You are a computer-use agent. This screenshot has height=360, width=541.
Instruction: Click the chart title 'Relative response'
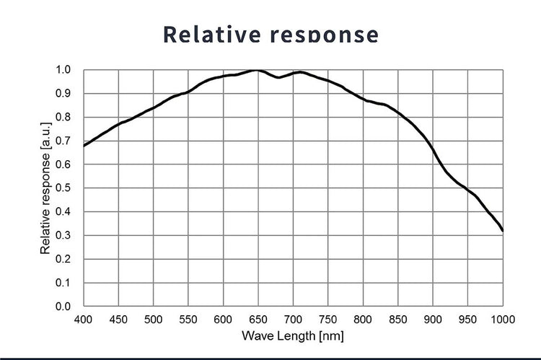tap(270, 34)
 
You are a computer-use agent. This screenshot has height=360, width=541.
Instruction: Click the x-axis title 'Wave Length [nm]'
tap(292, 335)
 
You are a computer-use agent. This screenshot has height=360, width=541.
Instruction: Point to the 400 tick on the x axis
tap(84, 318)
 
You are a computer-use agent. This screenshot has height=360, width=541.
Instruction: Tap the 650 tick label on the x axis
tap(258, 318)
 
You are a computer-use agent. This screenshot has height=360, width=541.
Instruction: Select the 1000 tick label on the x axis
tap(502, 318)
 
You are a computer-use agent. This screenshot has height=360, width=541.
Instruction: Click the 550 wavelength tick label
tap(188, 318)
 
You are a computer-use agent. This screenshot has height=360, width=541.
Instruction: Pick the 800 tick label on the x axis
tap(363, 318)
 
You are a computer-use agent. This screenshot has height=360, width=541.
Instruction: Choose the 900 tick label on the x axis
tap(433, 318)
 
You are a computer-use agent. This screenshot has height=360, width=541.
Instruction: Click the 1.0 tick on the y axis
tap(63, 70)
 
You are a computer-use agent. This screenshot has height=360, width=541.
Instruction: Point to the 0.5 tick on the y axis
tap(63, 188)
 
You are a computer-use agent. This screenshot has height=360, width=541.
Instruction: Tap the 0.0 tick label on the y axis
tap(63, 307)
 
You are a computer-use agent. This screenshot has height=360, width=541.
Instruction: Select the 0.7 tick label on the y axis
tap(63, 141)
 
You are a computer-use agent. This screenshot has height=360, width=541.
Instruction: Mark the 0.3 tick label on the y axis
tap(63, 236)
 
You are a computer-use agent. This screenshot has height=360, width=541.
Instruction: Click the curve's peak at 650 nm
tap(258, 70)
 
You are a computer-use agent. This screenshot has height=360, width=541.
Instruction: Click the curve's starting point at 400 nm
tap(84, 146)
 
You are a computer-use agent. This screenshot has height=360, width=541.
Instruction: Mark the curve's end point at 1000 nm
tap(503, 231)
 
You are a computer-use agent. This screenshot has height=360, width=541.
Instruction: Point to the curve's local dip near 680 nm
tap(278, 77)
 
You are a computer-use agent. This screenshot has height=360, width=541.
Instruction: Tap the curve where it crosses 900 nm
tap(433, 149)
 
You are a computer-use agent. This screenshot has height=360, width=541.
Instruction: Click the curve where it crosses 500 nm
tap(154, 108)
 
